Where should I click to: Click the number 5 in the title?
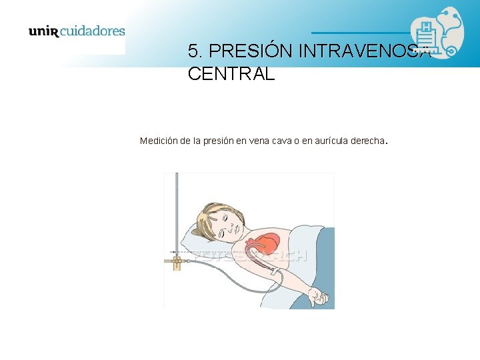coord(193,51)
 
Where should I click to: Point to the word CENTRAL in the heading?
coord(231,73)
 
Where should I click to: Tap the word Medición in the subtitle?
coord(159,141)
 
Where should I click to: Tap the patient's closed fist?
coord(321,299)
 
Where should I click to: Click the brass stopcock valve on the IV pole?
coord(177,261)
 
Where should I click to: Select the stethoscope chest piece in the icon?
coord(451,49)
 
